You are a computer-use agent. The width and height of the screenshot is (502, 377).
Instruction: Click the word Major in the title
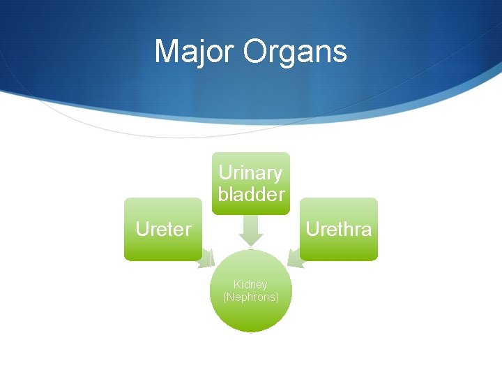[x=195, y=52]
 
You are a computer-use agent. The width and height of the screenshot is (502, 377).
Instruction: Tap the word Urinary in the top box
[x=250, y=173]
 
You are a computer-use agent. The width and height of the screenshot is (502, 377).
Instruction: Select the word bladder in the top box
[x=251, y=194]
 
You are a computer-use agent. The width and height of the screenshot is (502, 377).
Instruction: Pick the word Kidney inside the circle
[x=250, y=285]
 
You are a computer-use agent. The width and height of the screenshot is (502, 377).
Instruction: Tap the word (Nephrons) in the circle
[x=250, y=297]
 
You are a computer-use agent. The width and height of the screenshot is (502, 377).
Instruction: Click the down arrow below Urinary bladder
[x=250, y=228]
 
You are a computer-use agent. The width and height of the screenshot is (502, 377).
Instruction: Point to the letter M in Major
[x=166, y=52]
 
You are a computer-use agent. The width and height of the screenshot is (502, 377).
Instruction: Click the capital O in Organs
[x=256, y=52]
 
